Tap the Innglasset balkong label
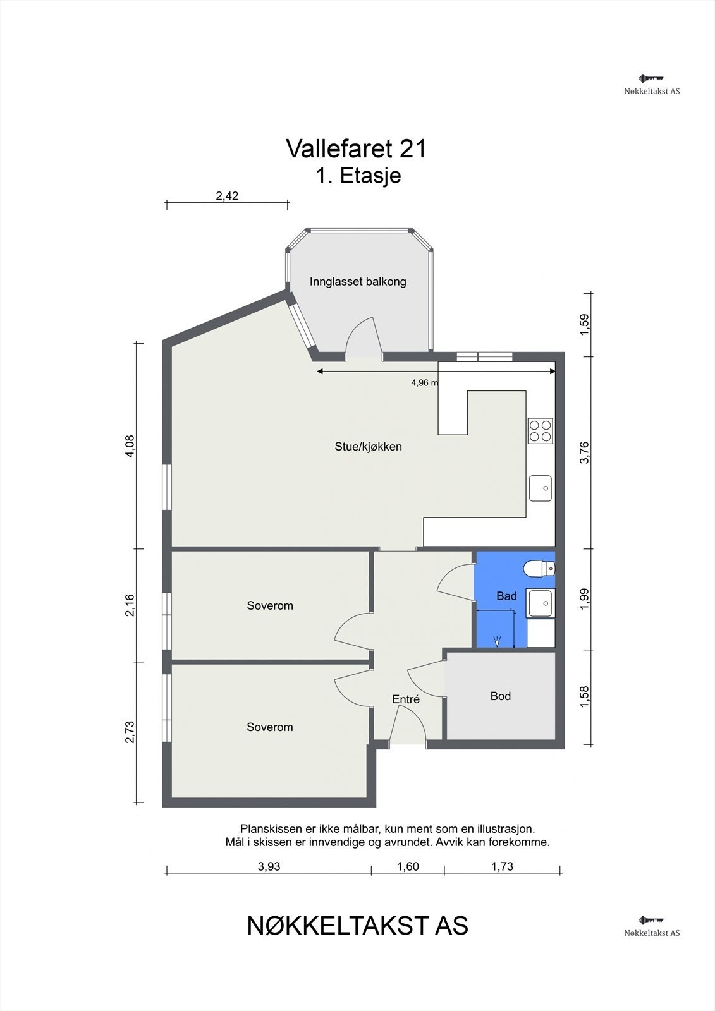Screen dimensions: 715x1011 click(358, 282)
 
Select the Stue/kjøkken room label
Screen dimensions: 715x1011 click(368, 446)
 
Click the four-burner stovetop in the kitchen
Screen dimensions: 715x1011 click(541, 430)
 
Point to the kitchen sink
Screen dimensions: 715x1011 click(541, 488)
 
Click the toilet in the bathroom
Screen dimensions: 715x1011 click(539, 568)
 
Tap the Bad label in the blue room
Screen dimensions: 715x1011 click(506, 596)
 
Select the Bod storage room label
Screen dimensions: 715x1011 click(501, 696)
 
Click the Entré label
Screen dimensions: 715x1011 click(406, 699)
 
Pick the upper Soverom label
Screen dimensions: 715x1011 click(270, 605)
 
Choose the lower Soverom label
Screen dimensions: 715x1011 click(270, 727)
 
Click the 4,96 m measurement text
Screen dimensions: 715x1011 click(424, 383)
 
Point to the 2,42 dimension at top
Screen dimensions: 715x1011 click(227, 196)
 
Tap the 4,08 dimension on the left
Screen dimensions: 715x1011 click(130, 446)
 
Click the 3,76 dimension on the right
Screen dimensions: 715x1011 click(585, 452)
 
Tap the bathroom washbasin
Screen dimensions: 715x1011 click(541, 603)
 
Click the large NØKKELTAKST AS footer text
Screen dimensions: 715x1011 click(357, 926)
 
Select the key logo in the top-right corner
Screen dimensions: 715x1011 click(651, 78)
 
